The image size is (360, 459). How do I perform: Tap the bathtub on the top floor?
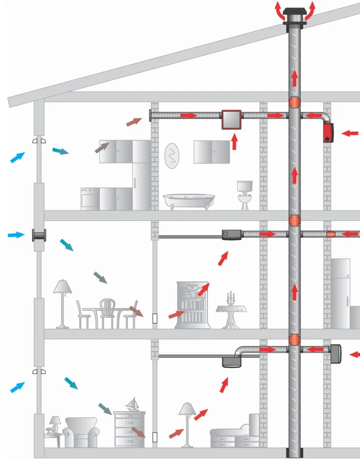(x=189, y=201)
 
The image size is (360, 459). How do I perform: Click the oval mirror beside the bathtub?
(x=172, y=155)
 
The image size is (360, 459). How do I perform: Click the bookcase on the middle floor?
(x=191, y=305)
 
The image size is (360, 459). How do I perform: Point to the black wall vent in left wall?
(x=39, y=235)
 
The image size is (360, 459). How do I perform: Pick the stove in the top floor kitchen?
(x=90, y=199)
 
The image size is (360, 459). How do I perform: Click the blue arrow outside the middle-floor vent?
(x=16, y=235)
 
